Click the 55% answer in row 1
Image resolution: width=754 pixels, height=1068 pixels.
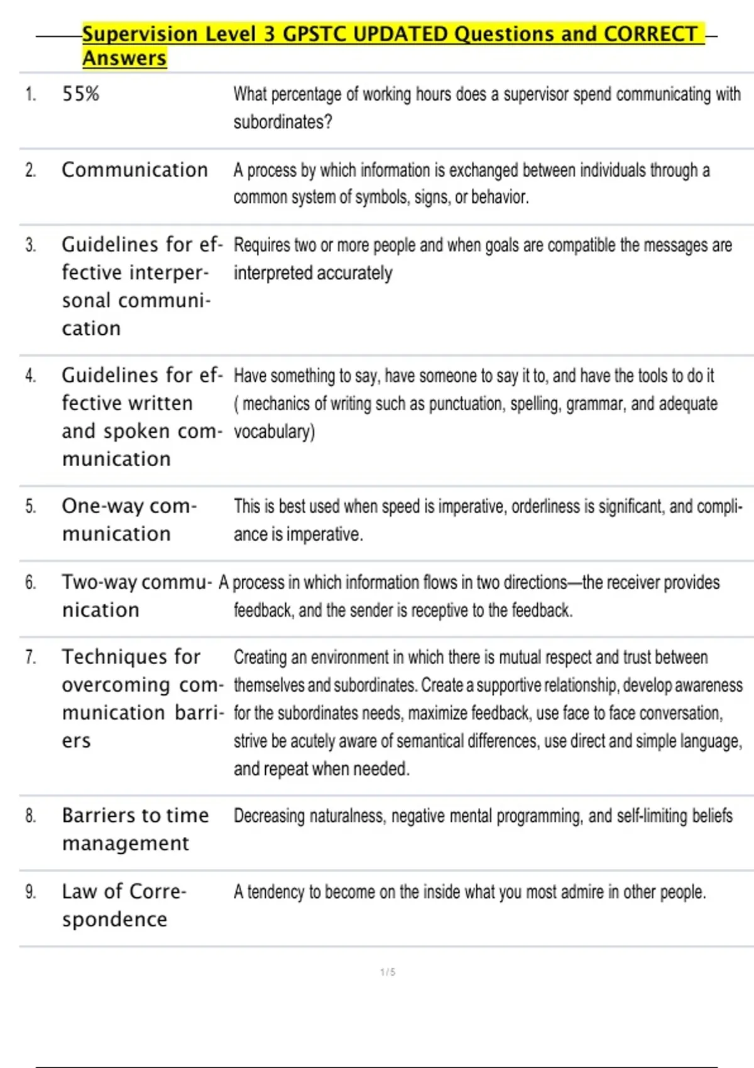click(x=80, y=94)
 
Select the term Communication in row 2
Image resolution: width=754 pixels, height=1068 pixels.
click(x=134, y=170)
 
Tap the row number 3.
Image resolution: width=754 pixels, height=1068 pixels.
click(x=30, y=245)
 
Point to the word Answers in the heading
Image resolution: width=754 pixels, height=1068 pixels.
click(x=124, y=58)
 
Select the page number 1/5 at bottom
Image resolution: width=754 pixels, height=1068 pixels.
click(x=388, y=972)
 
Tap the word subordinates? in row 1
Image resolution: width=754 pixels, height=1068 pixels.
click(x=283, y=122)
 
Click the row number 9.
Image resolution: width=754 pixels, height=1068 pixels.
click(x=30, y=891)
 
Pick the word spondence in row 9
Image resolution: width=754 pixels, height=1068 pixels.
click(x=114, y=920)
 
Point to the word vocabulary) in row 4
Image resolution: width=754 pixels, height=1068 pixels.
click(x=274, y=432)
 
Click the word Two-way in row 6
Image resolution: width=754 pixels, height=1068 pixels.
click(x=99, y=582)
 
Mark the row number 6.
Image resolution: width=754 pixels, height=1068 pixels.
click(x=30, y=582)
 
